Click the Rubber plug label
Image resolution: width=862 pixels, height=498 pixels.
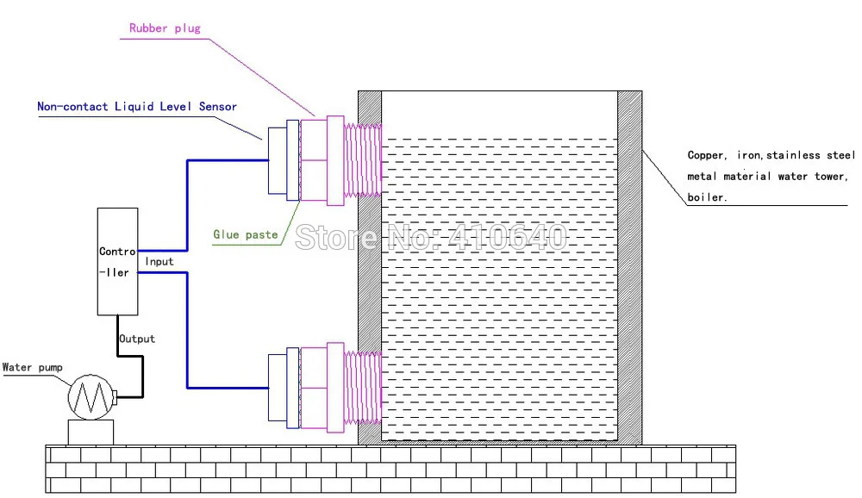pyautogui.click(x=165, y=28)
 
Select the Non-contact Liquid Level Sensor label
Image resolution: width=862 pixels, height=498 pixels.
pyautogui.click(x=136, y=107)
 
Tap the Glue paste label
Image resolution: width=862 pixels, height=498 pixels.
pyautogui.click(x=246, y=233)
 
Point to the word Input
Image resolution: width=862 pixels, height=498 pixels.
pyautogui.click(x=159, y=261)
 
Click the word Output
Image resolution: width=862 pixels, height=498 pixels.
pyautogui.click(x=137, y=339)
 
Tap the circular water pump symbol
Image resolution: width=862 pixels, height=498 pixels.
pyautogui.click(x=91, y=397)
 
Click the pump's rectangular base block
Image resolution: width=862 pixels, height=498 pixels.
pyautogui.click(x=91, y=432)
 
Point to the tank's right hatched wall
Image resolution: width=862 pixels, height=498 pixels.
pyautogui.click(x=629, y=267)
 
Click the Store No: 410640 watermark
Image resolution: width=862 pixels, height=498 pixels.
pyautogui.click(x=431, y=236)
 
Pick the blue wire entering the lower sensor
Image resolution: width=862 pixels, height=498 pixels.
pyautogui.click(x=228, y=389)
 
